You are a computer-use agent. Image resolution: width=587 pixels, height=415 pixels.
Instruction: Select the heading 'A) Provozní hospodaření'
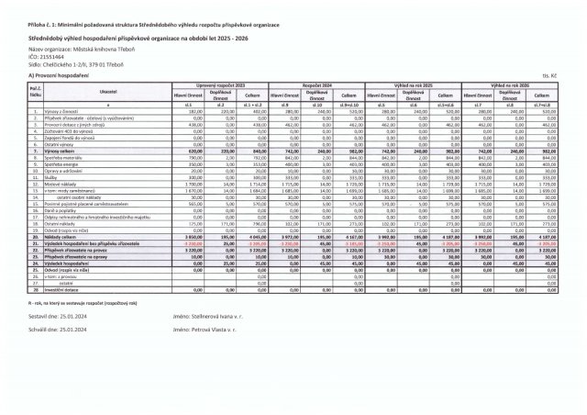56,73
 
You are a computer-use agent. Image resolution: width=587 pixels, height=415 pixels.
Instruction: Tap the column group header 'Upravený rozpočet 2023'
216,84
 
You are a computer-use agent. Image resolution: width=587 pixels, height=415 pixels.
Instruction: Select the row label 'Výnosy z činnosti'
61,110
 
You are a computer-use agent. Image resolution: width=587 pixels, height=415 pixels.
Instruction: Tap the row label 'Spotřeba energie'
61,163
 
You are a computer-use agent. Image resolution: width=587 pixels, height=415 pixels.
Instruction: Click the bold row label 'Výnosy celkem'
59,150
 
